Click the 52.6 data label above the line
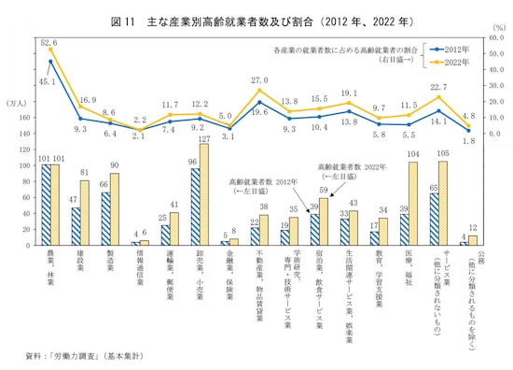click(49, 42)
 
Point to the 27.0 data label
click(260, 80)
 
